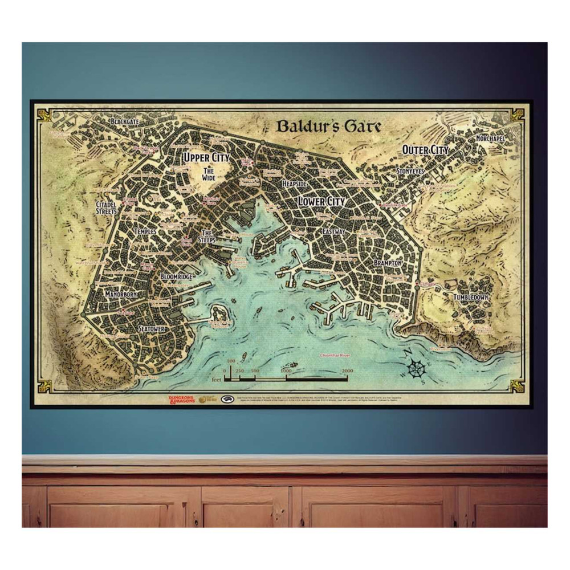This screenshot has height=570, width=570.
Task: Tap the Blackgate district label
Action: tap(125, 122)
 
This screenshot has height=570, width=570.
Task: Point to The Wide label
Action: tap(208, 174)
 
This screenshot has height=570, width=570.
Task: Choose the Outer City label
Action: tap(425, 150)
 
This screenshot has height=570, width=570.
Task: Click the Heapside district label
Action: tap(294, 185)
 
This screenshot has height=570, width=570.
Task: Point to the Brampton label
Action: tap(389, 263)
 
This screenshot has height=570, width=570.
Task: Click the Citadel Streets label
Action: tap(107, 207)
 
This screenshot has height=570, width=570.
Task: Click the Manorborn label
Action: tap(120, 295)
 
